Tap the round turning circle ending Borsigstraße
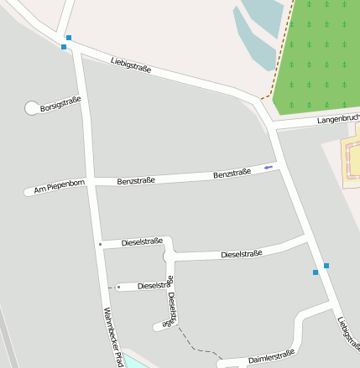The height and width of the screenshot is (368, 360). tap(32, 108)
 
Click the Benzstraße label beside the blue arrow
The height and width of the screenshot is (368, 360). tap(232, 174)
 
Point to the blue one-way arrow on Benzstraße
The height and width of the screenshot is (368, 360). tap(268, 168)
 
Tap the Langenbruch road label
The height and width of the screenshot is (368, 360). tap(338, 119)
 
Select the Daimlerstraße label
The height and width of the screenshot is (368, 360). tap(271, 358)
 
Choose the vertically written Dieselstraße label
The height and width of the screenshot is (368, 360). tap(171, 308)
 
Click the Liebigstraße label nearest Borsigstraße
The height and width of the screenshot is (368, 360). tap(131, 64)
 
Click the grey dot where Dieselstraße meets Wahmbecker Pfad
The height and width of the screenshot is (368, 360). tap(100, 244)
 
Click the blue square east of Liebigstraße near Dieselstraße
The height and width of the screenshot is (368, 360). tap(326, 266)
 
